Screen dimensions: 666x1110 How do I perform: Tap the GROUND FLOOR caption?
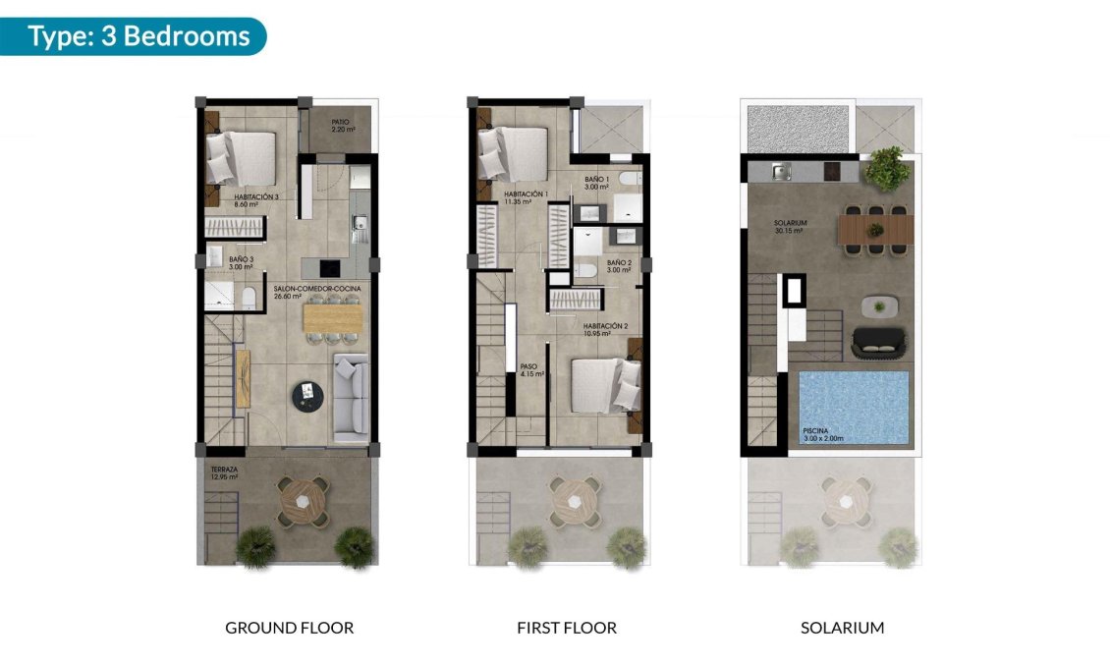(x=289, y=628)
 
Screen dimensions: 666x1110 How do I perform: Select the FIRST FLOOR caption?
(x=567, y=628)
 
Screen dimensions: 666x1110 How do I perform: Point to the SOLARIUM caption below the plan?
(x=842, y=628)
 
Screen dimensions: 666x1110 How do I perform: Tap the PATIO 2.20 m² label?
(x=342, y=126)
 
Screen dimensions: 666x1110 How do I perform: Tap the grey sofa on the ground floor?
(x=351, y=396)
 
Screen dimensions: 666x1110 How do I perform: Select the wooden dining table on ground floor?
(x=331, y=318)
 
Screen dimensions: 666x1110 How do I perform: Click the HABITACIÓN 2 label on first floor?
(x=604, y=329)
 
